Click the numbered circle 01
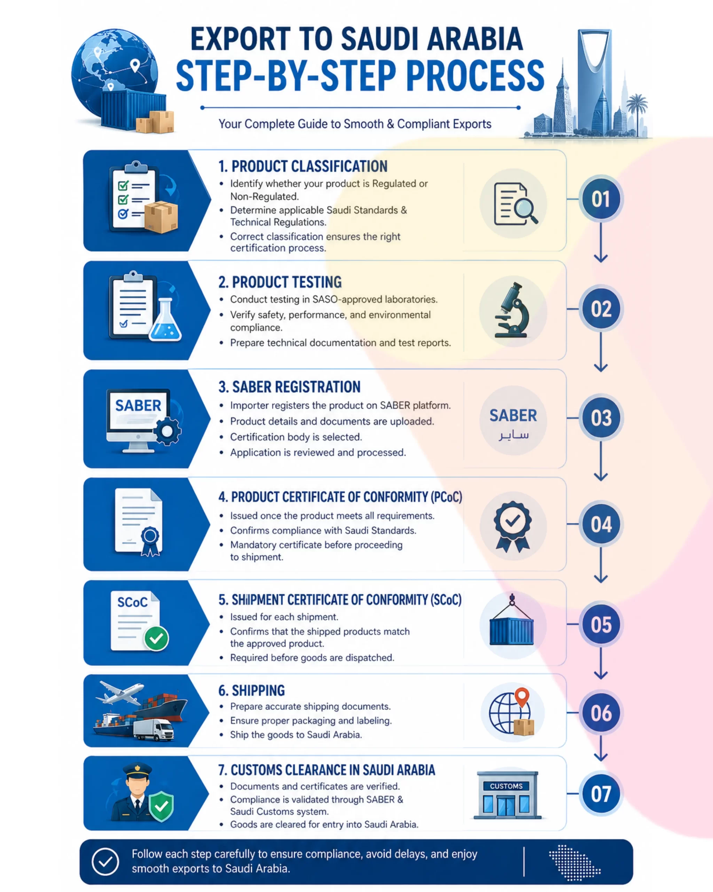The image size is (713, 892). tap(601, 199)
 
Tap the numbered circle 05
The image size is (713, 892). tap(601, 624)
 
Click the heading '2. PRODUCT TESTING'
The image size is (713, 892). tap(280, 282)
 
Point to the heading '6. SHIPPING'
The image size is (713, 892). tap(251, 691)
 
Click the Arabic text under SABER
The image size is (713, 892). tap(514, 435)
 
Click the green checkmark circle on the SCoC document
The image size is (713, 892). tap(156, 638)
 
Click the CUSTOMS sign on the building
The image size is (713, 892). tap(506, 786)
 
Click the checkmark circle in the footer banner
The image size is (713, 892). tap(105, 862)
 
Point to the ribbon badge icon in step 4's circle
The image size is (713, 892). tap(512, 527)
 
